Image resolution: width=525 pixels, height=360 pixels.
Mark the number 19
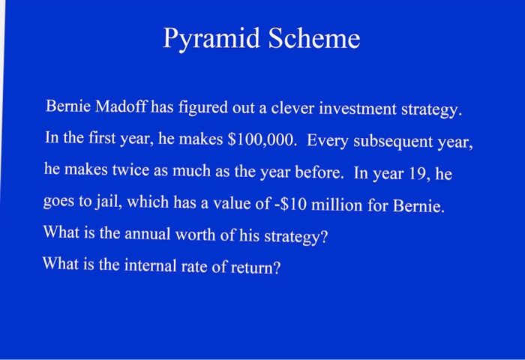tap(421, 174)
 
